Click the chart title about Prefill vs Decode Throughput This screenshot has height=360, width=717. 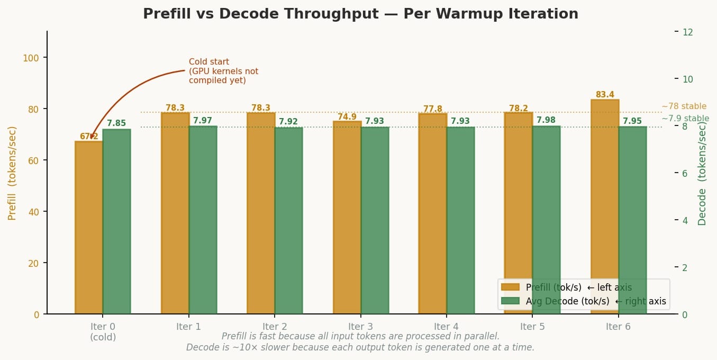coord(360,14)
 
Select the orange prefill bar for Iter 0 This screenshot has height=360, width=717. coord(89,228)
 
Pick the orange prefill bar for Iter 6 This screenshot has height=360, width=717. coord(605,206)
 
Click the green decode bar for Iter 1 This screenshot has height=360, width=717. coord(203,220)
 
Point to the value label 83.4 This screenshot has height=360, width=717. coord(605,95)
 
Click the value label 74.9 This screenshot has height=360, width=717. coord(347,117)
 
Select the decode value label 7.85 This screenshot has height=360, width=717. coord(116,123)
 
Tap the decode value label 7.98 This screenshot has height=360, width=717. coord(546,120)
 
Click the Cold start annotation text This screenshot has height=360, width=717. coord(223,71)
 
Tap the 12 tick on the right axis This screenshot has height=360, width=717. coord(688,32)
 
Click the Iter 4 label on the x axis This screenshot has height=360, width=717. coord(446,327)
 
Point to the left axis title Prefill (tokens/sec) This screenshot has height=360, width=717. coord(12,173)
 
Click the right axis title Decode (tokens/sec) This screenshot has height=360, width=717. coord(702,173)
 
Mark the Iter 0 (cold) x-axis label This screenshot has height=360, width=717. coord(103,331)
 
